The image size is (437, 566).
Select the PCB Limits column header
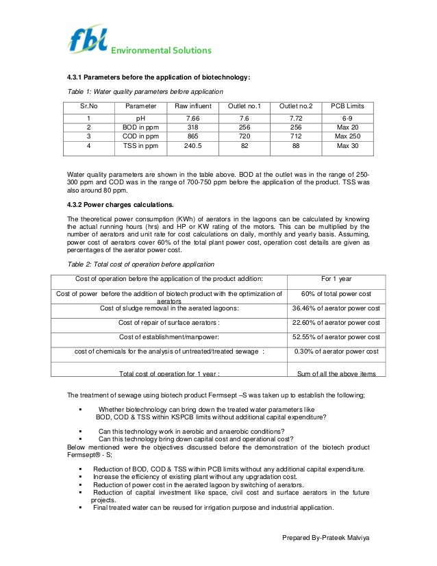click(x=347, y=106)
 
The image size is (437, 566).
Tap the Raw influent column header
click(x=193, y=106)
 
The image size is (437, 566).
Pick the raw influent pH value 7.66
click(x=193, y=119)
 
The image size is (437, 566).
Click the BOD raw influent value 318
click(x=193, y=127)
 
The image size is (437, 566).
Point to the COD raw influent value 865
click(x=193, y=136)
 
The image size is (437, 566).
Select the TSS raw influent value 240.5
click(x=193, y=145)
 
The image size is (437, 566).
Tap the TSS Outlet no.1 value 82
click(x=243, y=145)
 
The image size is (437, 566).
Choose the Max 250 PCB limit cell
click(x=347, y=136)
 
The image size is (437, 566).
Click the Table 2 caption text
click(x=140, y=264)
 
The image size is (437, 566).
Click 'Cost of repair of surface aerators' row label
click(x=169, y=323)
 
